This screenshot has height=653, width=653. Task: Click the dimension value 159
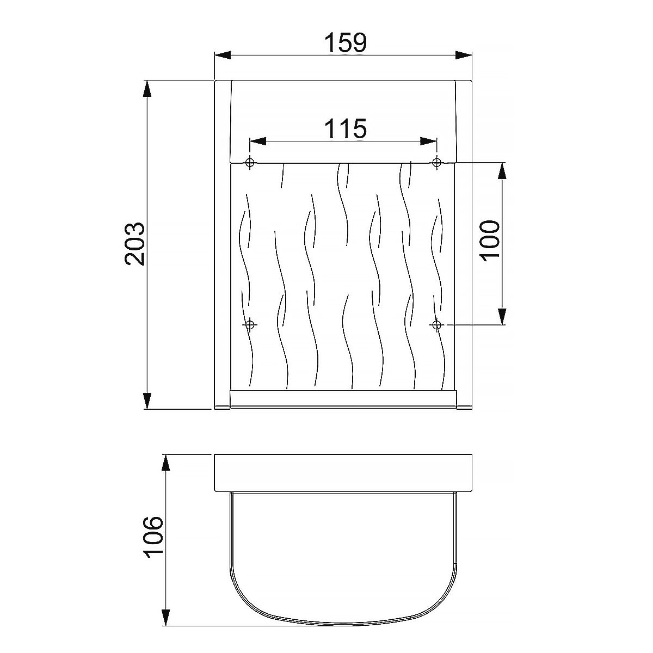coord(346,42)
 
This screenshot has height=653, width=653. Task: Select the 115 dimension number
coord(346,128)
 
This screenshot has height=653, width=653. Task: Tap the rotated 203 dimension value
coord(135,243)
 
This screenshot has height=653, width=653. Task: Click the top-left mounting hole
coord(250,162)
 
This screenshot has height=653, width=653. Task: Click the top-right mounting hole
coord(436,162)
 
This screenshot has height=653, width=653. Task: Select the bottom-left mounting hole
coord(250,325)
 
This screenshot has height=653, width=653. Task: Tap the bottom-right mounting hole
coord(436,325)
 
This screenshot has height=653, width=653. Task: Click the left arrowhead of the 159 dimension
coord(223,56)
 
